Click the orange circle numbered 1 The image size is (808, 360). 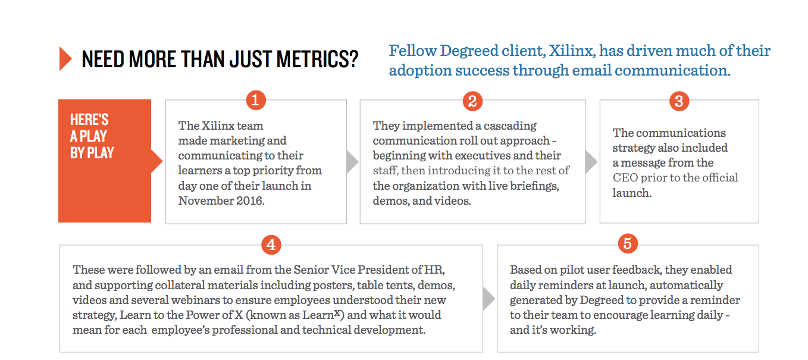point(256,100)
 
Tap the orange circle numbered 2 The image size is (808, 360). point(472,101)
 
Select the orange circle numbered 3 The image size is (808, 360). point(679,101)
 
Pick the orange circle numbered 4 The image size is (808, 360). point(271,245)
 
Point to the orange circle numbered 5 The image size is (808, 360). point(628,243)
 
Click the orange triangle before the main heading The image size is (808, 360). point(65,58)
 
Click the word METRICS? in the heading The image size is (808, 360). point(318,59)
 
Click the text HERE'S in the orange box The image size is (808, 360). point(89,120)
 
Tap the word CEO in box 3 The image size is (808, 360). point(625,178)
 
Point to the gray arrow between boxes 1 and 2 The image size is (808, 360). point(352,162)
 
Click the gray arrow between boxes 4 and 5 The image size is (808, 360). point(488,298)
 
